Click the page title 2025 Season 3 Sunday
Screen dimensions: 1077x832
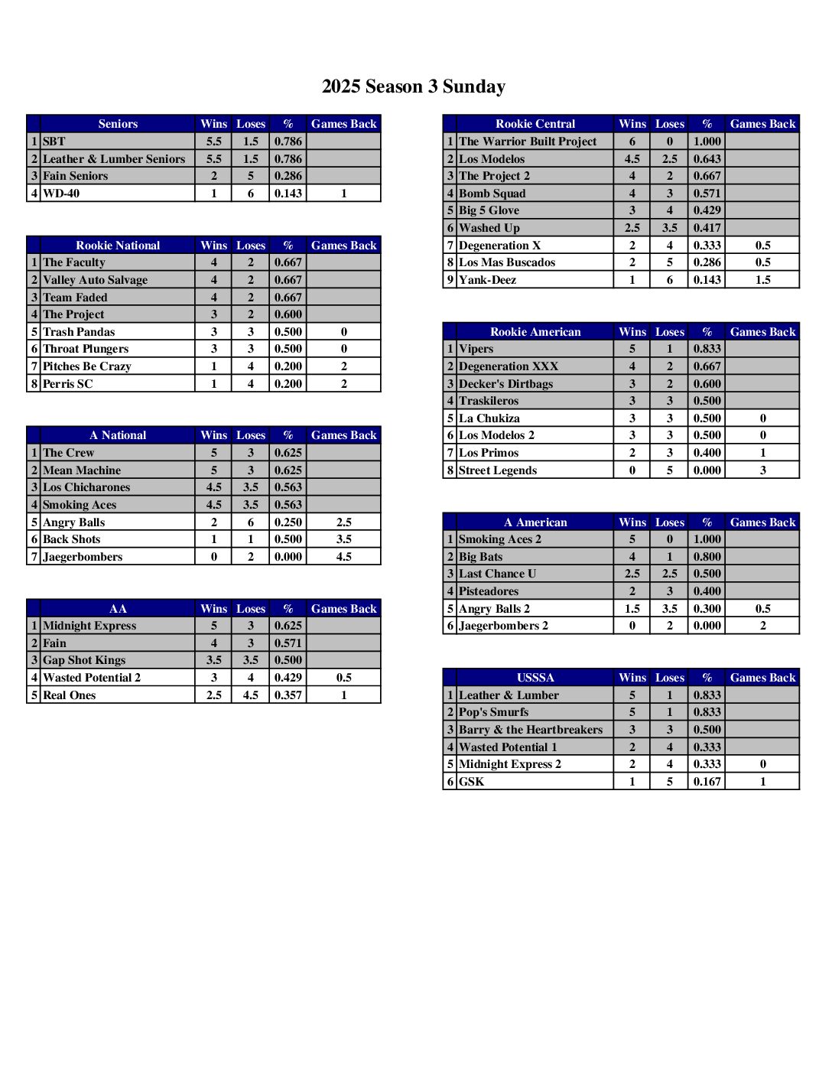[414, 86]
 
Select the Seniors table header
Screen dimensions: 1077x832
[118, 124]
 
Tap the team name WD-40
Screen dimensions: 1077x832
[61, 194]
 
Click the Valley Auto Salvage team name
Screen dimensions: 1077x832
[95, 280]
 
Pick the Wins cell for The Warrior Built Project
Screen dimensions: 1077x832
[632, 142]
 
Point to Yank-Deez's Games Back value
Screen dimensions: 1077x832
[762, 280]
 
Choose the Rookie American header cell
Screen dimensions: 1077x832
[535, 332]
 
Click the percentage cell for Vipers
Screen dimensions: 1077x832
[707, 349]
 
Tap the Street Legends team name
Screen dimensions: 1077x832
[498, 470]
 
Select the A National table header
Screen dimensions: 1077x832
[118, 435]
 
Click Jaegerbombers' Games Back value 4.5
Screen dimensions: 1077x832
[344, 557]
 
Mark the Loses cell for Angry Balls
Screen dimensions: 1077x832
[251, 522]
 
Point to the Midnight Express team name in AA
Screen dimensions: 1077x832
[89, 626]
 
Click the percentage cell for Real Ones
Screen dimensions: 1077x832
[288, 695]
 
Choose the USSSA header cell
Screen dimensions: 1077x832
[535, 678]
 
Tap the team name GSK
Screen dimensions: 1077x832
[471, 782]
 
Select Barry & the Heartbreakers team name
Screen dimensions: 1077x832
[531, 730]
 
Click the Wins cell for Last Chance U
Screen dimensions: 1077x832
[632, 574]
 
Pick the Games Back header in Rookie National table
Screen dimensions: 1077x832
[344, 246]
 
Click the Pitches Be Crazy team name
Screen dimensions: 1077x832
[87, 366]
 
